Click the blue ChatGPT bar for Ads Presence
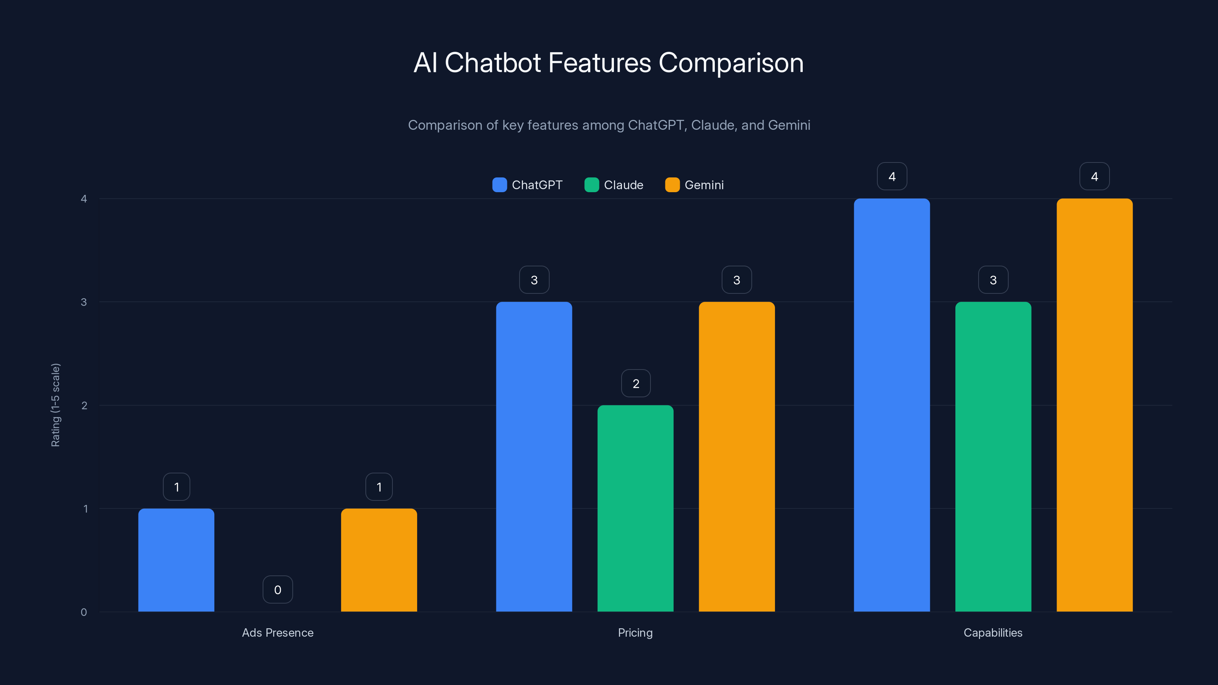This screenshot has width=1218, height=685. (x=176, y=560)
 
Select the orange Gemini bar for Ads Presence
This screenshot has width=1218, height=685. (x=379, y=560)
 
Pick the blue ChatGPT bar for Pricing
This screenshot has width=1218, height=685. (x=534, y=457)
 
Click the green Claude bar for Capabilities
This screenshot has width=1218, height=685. (x=993, y=457)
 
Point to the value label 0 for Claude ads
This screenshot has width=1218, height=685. (x=277, y=589)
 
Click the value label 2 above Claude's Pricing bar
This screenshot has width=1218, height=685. (x=636, y=383)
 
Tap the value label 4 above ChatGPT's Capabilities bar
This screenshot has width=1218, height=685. (x=892, y=176)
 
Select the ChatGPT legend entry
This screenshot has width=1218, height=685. (x=528, y=185)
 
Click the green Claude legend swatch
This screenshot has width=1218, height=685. (x=591, y=185)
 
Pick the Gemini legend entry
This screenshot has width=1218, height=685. (x=695, y=185)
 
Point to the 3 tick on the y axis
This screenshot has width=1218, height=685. (x=84, y=302)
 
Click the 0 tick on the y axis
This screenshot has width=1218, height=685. (x=84, y=612)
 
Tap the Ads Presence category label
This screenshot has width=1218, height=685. (x=277, y=632)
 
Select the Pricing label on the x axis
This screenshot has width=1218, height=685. (x=635, y=632)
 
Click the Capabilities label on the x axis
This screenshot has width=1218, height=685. (x=993, y=632)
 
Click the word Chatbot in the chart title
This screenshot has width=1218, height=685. (x=492, y=63)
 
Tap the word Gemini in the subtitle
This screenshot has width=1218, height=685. (x=789, y=125)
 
